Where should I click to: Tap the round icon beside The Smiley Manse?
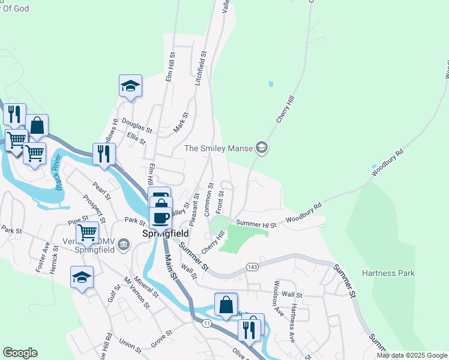click(x=261, y=147)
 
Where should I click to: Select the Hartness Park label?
click(x=388, y=274)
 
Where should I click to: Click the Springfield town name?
click(x=165, y=233)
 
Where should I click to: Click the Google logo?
click(x=20, y=353)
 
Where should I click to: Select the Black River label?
click(x=58, y=172)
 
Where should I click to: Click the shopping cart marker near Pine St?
click(x=88, y=232)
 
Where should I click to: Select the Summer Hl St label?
click(x=256, y=224)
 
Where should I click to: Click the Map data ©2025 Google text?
click(x=412, y=355)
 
